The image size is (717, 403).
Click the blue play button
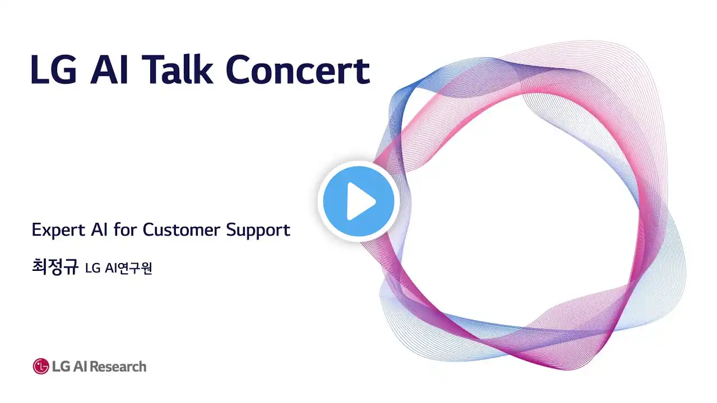pyautogui.click(x=358, y=201)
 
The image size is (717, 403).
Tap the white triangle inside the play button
pyautogui.click(x=361, y=201)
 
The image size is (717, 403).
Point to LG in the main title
pyautogui.click(x=54, y=69)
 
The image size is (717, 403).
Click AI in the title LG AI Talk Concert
pyautogui.click(x=109, y=69)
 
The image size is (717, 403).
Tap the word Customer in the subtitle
pyautogui.click(x=181, y=229)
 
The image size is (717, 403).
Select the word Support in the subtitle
pyautogui.click(x=258, y=231)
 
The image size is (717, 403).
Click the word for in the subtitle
pyautogui.click(x=125, y=229)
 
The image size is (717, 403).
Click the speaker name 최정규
pyautogui.click(x=55, y=267)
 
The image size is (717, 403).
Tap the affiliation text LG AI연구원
pyautogui.click(x=118, y=268)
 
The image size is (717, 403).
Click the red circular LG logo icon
pyautogui.click(x=41, y=366)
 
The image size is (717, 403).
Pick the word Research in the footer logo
pyautogui.click(x=118, y=367)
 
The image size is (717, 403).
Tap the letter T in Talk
pyautogui.click(x=153, y=69)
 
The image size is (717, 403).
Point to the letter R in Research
pyautogui.click(x=95, y=367)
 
